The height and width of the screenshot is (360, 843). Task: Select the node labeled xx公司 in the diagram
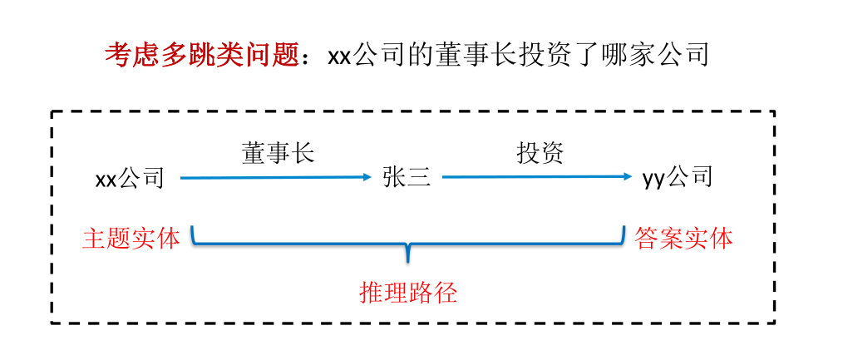[x=131, y=178]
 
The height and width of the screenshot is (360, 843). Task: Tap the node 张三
[x=407, y=177]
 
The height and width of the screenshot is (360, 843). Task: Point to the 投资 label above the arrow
[x=540, y=153]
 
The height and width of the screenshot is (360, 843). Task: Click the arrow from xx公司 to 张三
[x=274, y=177]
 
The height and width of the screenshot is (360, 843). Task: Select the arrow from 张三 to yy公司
[x=536, y=177]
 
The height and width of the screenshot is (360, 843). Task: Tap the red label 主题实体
[x=131, y=239]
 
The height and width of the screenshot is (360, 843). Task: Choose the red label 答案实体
[x=683, y=239]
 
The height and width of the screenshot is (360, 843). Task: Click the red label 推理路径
[x=408, y=292]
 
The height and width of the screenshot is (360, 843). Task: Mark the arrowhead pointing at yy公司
[x=627, y=177]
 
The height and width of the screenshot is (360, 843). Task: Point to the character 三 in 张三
[x=419, y=177]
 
